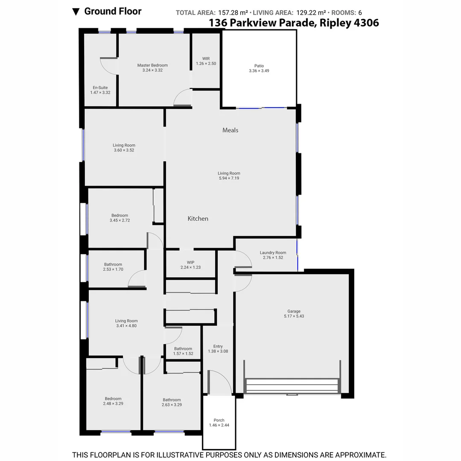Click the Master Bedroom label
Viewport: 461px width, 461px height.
click(152, 65)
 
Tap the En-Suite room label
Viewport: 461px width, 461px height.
click(100, 88)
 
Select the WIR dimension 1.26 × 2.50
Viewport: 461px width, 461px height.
click(206, 64)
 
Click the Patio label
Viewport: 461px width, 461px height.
click(259, 66)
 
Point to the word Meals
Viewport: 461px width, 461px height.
click(230, 130)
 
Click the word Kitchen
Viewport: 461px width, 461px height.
click(198, 219)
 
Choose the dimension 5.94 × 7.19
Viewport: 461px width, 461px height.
click(229, 178)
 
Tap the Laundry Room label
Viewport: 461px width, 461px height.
click(273, 253)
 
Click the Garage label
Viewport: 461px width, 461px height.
click(294, 311)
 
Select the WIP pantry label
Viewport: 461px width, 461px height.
click(190, 263)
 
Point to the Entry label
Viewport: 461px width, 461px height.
click(218, 346)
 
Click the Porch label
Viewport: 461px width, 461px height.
click(219, 420)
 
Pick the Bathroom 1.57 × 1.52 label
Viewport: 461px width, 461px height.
click(183, 349)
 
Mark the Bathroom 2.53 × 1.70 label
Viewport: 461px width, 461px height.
click(113, 265)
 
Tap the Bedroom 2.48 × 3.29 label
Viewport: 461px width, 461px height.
click(113, 399)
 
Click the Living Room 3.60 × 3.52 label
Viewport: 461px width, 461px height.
click(124, 146)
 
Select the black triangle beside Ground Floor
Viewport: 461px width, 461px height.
click(76, 12)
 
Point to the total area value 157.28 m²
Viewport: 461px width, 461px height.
click(233, 13)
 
